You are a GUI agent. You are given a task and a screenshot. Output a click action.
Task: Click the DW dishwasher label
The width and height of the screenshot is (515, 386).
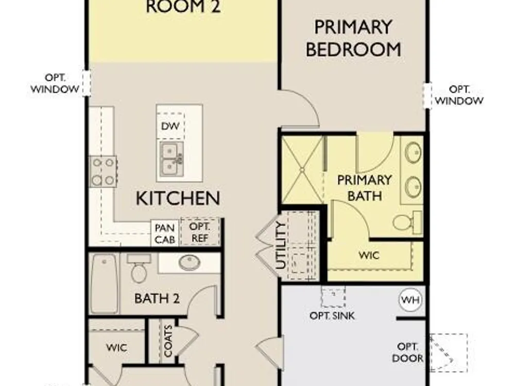[x=170, y=126]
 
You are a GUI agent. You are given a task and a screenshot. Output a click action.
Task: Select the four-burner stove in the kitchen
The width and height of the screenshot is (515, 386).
[x=103, y=171]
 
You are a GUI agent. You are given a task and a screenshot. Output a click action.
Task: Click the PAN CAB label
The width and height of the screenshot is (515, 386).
[x=165, y=233]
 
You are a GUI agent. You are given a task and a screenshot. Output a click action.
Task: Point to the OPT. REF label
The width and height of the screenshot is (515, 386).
[x=200, y=232]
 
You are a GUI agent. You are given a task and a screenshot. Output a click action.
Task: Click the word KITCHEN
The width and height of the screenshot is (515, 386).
[x=178, y=198]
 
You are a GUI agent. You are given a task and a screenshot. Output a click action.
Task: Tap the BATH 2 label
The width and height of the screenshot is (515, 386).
[x=157, y=299]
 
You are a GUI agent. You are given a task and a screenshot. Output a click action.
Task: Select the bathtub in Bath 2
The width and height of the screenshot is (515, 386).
[x=104, y=283]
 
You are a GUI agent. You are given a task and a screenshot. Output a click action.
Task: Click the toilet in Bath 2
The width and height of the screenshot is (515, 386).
[x=139, y=268]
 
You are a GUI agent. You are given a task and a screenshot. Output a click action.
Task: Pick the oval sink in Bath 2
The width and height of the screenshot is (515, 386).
[x=190, y=262]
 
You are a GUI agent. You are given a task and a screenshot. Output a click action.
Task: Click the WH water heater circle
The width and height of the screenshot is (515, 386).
[x=410, y=300]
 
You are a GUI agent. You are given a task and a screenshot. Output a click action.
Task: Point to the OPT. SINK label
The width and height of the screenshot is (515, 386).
[x=332, y=316]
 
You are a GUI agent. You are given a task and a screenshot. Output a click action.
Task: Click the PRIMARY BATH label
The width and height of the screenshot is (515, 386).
[x=364, y=188]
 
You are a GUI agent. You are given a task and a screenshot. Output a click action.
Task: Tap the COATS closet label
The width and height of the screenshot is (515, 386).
[x=168, y=341]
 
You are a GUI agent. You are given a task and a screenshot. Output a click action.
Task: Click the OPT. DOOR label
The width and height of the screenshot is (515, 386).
[x=407, y=352]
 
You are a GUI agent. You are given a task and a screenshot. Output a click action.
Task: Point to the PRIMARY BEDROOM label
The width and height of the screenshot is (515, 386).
[x=353, y=39]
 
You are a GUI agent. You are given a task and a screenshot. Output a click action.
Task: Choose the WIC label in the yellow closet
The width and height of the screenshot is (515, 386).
[x=369, y=255]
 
